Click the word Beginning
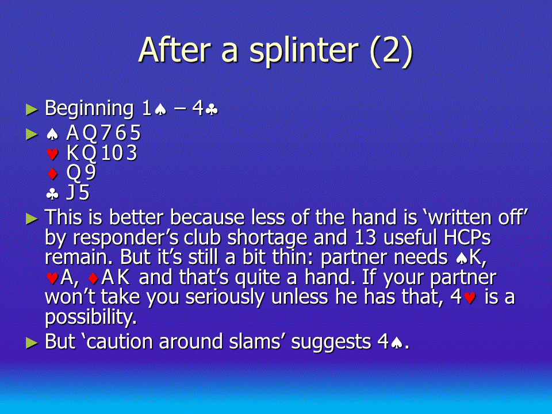point(89,109)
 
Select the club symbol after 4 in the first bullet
point(212,110)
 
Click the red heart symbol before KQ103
point(52,154)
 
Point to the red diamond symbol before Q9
point(52,174)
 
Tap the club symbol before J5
point(52,194)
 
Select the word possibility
point(90,317)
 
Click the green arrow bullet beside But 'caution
point(32,343)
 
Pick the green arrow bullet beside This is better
point(32,219)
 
